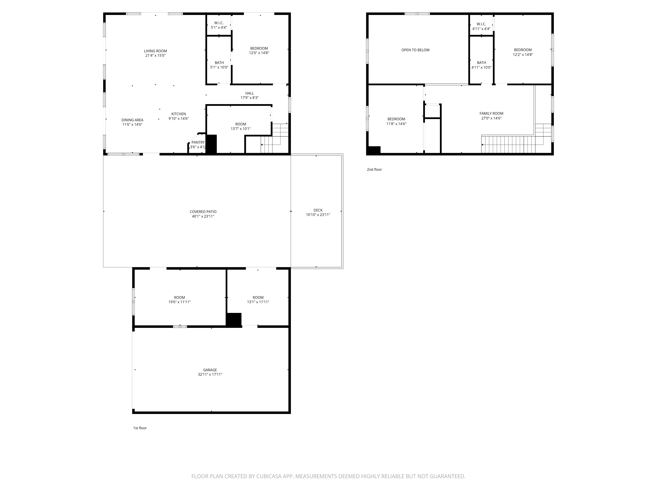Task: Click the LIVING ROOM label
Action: click(x=155, y=51)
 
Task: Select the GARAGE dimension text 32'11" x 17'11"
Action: click(x=210, y=374)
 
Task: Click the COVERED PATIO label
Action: click(x=203, y=212)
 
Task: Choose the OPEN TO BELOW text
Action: click(x=415, y=50)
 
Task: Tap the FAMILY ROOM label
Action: click(x=491, y=113)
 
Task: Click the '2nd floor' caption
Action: click(x=374, y=169)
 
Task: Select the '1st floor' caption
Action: click(x=140, y=428)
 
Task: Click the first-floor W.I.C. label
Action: click(x=219, y=23)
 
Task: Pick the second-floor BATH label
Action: click(x=481, y=63)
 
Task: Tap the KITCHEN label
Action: click(x=179, y=114)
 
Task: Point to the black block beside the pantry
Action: click(x=212, y=144)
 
